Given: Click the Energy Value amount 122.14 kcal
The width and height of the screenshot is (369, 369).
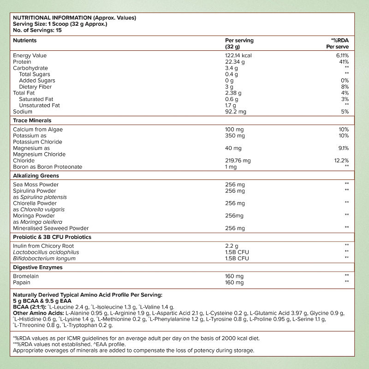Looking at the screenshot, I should click(x=238, y=55).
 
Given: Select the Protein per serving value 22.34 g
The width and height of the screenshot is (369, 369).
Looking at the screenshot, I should click(x=234, y=62).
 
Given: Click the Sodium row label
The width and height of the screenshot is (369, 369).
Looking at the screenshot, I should click(x=23, y=112).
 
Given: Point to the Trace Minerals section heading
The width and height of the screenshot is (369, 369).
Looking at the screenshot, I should click(x=32, y=120).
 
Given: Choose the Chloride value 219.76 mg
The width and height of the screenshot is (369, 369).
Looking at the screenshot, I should click(x=238, y=161).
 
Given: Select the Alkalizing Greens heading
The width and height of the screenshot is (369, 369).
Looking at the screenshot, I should click(x=36, y=176).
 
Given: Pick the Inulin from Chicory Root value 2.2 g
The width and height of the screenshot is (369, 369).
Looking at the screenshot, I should click(x=232, y=246).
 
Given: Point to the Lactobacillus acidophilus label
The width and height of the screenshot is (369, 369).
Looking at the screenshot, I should click(x=46, y=252).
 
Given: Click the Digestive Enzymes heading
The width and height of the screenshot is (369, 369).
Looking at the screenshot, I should click(x=38, y=267).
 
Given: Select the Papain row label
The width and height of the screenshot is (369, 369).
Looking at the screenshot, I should click(x=22, y=282).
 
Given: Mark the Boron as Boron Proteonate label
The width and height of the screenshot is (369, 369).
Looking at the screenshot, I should click(x=48, y=167).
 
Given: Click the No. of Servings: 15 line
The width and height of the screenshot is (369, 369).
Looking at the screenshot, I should click(x=37, y=30).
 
